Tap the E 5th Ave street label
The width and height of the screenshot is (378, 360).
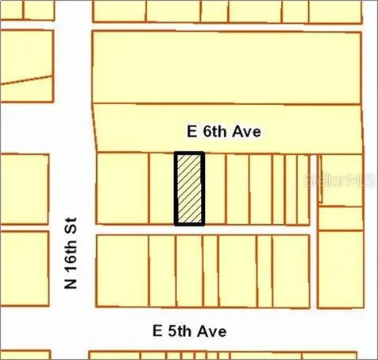(190, 330)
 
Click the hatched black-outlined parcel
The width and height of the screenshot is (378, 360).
(189, 188)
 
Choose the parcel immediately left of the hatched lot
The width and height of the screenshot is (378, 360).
(161, 188)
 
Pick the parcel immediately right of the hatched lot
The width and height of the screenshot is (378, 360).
(214, 188)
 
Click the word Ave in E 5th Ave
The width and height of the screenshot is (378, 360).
(214, 330)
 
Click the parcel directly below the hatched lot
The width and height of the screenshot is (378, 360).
(189, 271)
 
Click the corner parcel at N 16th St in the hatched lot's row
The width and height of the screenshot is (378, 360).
(121, 188)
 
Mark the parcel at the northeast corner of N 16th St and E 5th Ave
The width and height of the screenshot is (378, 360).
(121, 271)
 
